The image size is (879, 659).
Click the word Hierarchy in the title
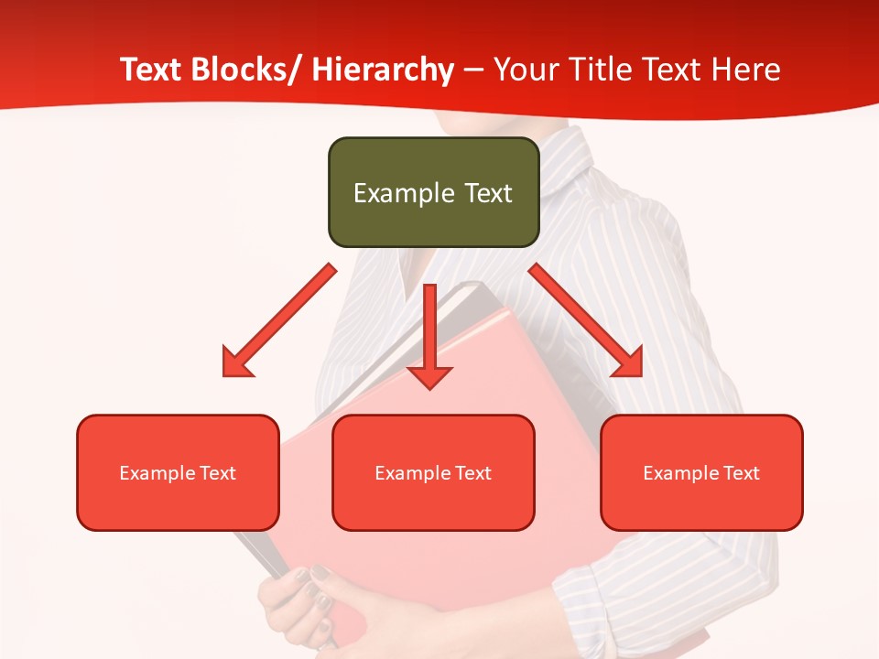coord(383,70)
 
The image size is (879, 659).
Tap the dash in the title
coord(473,70)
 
